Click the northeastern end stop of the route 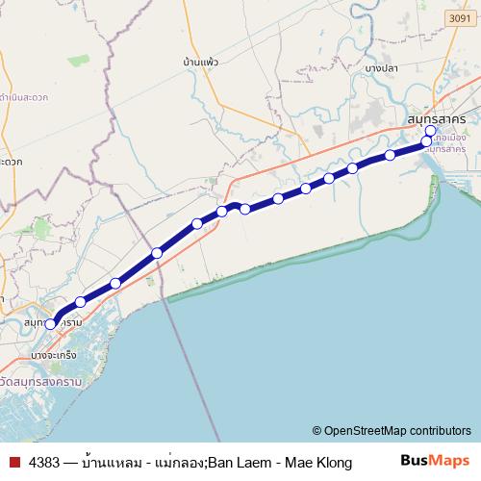pos(430,131)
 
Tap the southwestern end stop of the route pos(51,324)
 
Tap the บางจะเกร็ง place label pos(54,355)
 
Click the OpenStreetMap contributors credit pos(397,430)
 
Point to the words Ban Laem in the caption pos(239,463)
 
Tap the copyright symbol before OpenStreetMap pos(317,431)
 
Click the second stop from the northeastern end pos(426,142)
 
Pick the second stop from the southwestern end pos(81,301)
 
